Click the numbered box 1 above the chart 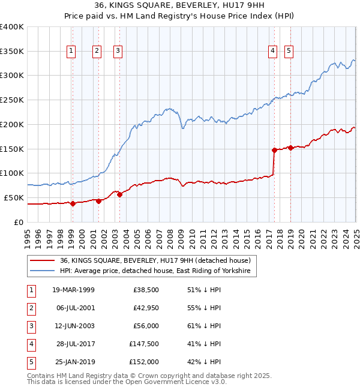[x=71, y=52]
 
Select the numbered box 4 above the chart [x=272, y=52]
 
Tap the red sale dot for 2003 [x=119, y=194]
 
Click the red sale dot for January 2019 [x=290, y=148]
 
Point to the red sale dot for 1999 [x=73, y=203]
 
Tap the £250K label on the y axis [x=12, y=100]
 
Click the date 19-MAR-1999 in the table [x=73, y=290]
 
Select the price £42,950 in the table [x=145, y=308]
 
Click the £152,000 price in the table [x=144, y=362]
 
